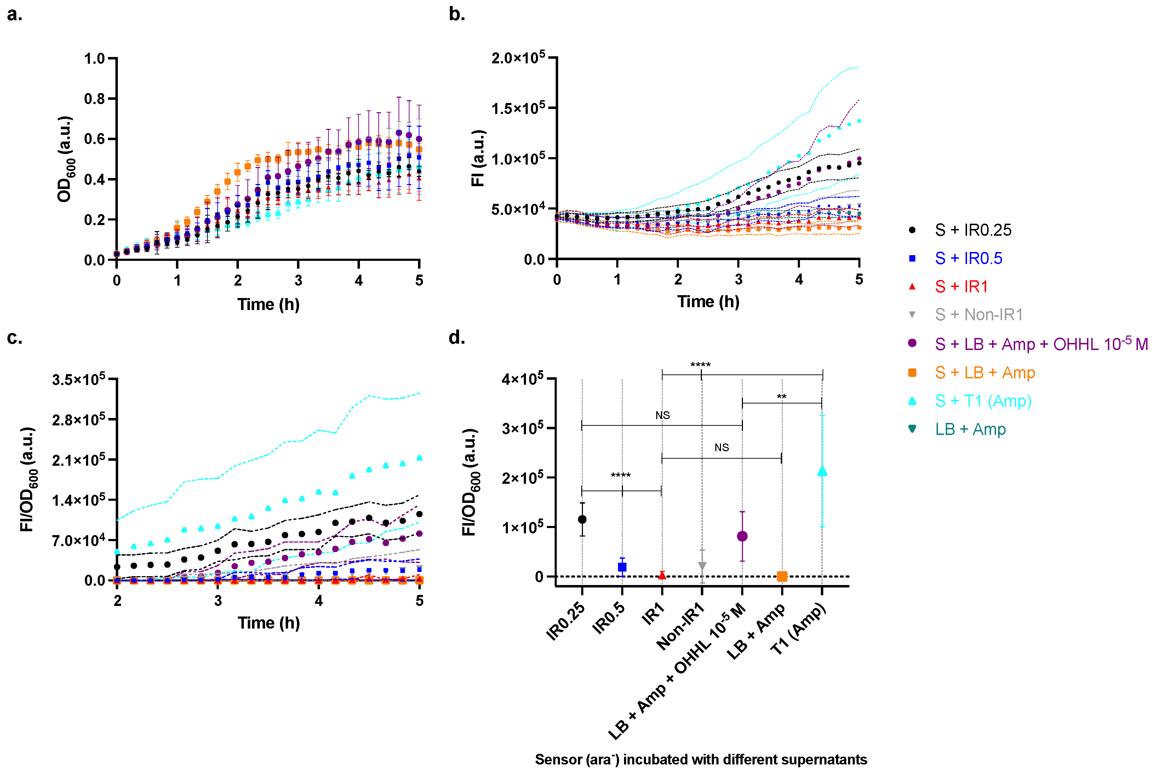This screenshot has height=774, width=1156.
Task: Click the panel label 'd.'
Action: tap(457, 338)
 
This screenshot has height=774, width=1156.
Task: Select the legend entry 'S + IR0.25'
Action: tap(972, 230)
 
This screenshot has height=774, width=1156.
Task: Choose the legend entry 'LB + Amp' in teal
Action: tap(970, 429)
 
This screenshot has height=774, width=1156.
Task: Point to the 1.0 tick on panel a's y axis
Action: tap(94, 59)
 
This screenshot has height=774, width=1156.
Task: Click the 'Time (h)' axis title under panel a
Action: tap(268, 305)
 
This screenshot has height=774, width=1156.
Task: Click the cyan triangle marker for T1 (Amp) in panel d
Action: tap(822, 471)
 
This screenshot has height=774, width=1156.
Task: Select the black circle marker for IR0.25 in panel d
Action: tap(582, 519)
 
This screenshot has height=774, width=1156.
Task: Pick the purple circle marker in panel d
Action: tap(742, 536)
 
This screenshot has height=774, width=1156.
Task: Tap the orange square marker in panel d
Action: tap(782, 576)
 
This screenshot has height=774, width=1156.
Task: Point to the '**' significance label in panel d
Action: tap(782, 396)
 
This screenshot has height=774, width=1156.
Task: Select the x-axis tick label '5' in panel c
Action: tap(419, 601)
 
